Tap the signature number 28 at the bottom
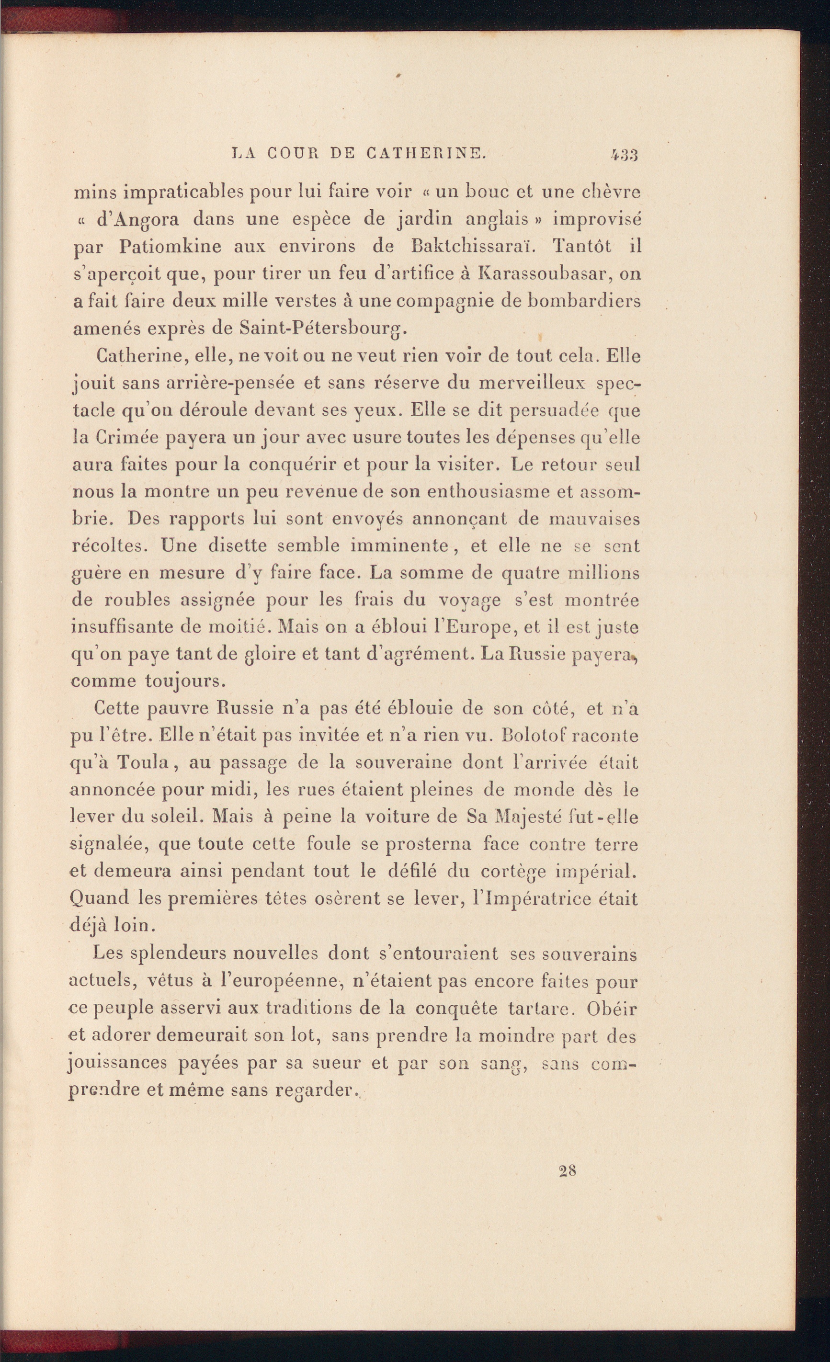(x=568, y=1171)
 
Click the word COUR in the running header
(x=290, y=154)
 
